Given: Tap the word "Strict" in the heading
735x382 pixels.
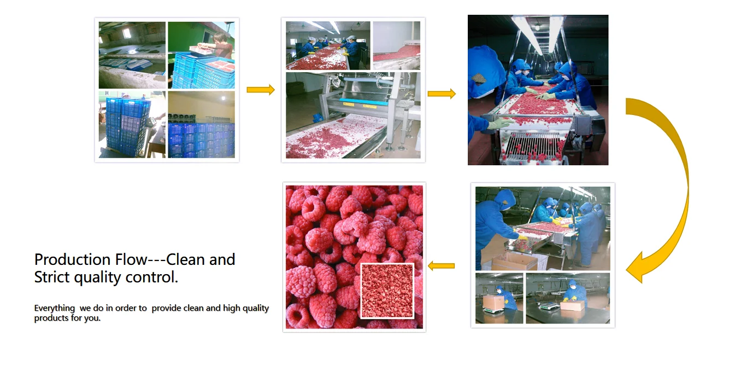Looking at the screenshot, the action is coord(52,277).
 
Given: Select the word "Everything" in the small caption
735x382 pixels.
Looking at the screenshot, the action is coord(55,308).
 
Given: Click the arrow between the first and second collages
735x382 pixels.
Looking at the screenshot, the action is coord(261,90).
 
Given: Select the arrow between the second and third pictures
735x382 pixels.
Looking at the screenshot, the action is coord(442,94).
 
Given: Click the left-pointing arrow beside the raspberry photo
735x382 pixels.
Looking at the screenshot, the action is coord(442,265).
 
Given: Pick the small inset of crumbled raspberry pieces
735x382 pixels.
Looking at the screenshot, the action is coord(387,291).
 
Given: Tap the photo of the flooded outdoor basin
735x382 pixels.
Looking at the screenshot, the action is coord(132,55).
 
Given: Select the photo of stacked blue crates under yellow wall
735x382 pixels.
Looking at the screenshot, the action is coord(202,125).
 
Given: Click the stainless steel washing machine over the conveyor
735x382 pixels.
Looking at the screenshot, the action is coord(364,95).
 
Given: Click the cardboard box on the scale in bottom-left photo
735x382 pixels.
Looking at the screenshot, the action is coord(493,302).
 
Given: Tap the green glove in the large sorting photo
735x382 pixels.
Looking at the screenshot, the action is coord(499,124).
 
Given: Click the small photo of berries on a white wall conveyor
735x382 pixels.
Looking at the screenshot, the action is coord(397,45).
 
